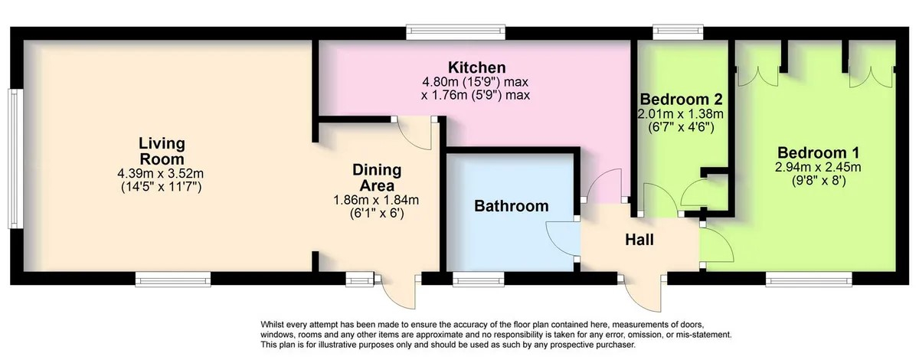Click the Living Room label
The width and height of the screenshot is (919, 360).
[x=162, y=151]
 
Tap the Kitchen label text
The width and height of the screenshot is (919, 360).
[x=476, y=67]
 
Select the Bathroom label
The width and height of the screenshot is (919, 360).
[x=512, y=205]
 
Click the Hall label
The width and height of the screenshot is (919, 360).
[x=639, y=240]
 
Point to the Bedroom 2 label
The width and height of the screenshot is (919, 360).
[x=681, y=100]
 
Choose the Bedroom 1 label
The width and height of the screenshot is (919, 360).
[x=818, y=152]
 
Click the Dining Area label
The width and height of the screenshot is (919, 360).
[x=377, y=178]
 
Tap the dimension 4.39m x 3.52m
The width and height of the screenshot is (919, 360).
[x=161, y=174]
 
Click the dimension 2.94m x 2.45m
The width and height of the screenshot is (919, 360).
[x=818, y=167]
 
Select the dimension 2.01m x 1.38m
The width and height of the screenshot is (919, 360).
[x=680, y=113]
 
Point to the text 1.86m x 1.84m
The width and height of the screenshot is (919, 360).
[x=376, y=200]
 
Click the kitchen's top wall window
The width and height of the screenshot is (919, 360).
[x=456, y=32]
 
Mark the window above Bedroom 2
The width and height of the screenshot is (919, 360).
[x=679, y=32]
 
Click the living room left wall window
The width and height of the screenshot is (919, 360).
[x=15, y=159]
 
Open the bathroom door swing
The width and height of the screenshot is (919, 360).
[x=561, y=238]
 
